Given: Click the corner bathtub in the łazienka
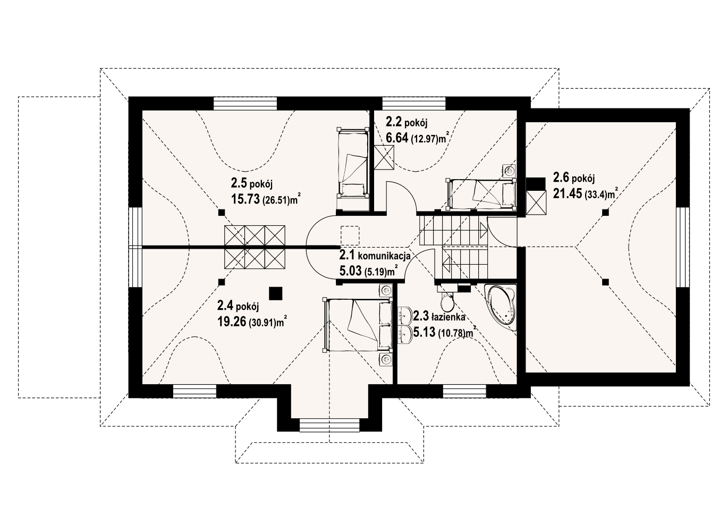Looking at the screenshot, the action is click(x=500, y=308).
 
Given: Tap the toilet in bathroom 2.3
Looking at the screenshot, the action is click(x=447, y=301).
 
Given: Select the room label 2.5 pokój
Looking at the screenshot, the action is click(x=251, y=183).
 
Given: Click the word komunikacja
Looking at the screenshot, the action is click(x=384, y=256).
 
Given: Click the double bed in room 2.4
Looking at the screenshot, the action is click(x=358, y=325).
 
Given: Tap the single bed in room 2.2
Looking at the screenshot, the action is click(x=481, y=193).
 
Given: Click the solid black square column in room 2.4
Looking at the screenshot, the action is click(x=276, y=293).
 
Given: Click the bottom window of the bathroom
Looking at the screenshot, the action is click(x=465, y=391).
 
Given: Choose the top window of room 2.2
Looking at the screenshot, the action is click(x=414, y=103).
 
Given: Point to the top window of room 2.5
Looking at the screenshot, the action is click(x=246, y=103).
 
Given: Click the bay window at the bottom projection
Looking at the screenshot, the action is click(x=329, y=425).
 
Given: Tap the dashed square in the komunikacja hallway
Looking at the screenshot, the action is click(x=350, y=235).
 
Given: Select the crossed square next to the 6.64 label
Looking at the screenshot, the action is click(x=384, y=157).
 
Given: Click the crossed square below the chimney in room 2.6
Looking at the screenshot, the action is click(x=536, y=203).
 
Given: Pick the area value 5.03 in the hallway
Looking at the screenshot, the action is click(x=350, y=271).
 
